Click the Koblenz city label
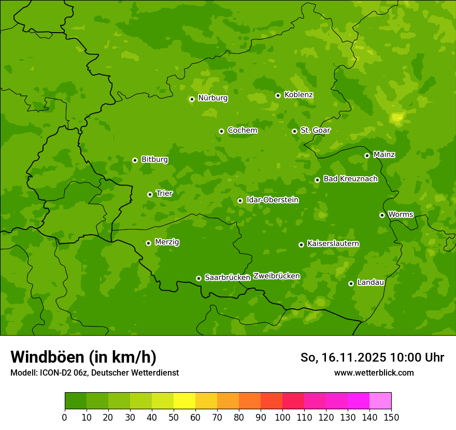(298, 95)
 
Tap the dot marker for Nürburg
(192, 99)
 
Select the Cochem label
(242, 131)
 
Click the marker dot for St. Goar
(294, 131)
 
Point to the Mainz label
(384, 155)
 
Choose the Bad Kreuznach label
(350, 179)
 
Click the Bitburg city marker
(135, 160)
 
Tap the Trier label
(164, 193)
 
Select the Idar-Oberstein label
(272, 199)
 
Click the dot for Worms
(382, 215)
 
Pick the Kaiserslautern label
(333, 243)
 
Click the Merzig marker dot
(148, 243)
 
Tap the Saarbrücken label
(227, 278)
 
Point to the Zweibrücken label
(276, 276)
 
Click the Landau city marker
(351, 283)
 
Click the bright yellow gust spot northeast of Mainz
(397, 118)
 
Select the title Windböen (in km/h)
(83, 357)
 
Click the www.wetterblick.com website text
(374, 372)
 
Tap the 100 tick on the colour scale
(282, 417)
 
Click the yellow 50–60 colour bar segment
(184, 401)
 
